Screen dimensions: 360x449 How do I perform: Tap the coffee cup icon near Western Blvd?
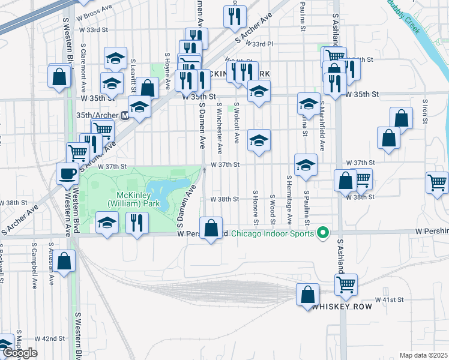[x=67, y=174]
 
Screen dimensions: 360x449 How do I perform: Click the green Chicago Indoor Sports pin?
[x=323, y=233]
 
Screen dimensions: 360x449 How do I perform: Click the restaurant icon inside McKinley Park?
[x=137, y=223]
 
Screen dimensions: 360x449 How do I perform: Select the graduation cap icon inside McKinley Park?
[x=107, y=223]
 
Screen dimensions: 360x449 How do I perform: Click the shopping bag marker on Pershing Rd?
[x=211, y=228]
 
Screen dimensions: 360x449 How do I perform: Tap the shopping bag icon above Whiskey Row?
[x=307, y=295]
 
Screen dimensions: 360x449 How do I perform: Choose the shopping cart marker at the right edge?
[x=437, y=182]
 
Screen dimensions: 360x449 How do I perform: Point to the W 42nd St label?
[x=49, y=338]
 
